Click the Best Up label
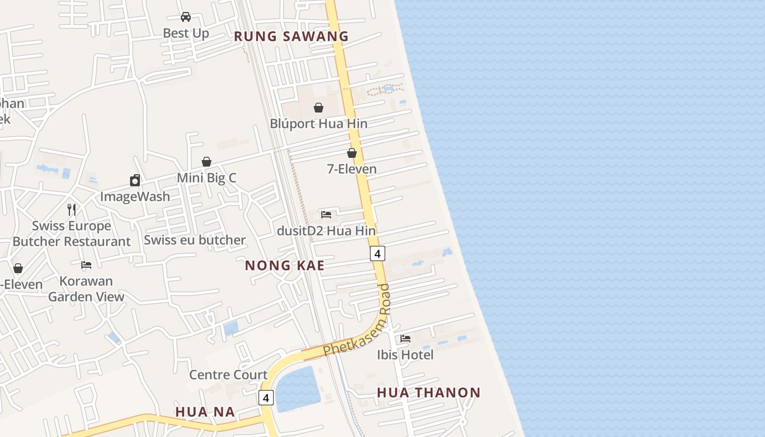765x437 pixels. tap(186, 33)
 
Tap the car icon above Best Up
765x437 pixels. tap(186, 17)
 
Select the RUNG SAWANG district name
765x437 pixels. tap(291, 37)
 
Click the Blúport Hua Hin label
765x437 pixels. tap(319, 123)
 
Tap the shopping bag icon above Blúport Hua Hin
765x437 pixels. tap(319, 108)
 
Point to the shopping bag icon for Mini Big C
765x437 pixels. tap(207, 162)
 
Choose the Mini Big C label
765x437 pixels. tap(207, 178)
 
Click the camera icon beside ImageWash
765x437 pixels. tap(135, 180)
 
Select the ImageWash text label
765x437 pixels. tap(135, 196)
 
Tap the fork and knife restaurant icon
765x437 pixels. tap(72, 209)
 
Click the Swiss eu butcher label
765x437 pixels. tap(195, 240)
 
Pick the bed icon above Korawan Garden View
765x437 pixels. tap(86, 265)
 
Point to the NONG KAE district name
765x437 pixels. tap(285, 265)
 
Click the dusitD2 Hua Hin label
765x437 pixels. tap(326, 231)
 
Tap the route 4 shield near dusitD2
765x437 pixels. tap(377, 253)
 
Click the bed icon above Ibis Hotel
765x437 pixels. tap(405, 339)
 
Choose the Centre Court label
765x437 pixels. tap(228, 375)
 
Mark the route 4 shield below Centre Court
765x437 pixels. tap(266, 398)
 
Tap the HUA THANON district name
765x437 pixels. tap(429, 393)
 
